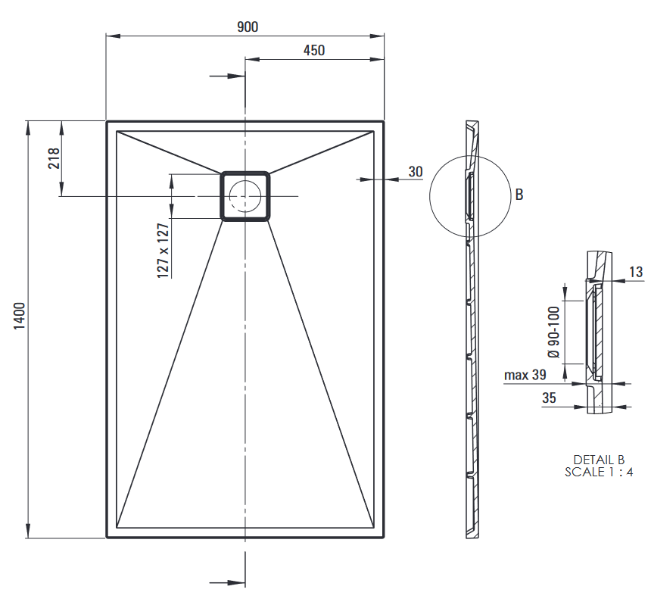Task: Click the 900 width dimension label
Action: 248,27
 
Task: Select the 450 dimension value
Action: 314,51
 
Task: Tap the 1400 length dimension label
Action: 20,317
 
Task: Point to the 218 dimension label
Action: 54,158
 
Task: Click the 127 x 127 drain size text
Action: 163,251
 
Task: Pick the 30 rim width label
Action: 416,172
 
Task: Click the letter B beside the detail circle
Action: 519,195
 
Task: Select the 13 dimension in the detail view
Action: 636,272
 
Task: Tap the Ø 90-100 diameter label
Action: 553,332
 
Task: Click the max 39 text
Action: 525,375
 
